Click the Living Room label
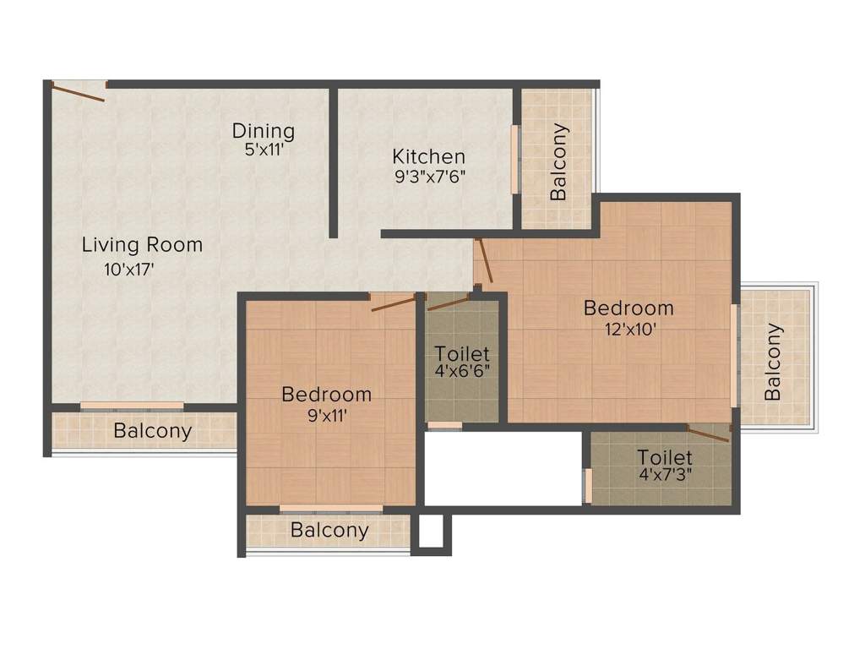142,245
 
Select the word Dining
264,131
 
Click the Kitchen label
428,156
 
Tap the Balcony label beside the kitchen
558,162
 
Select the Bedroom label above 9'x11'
326,395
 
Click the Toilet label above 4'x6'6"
462,353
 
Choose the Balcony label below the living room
153,431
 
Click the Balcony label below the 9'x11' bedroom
329,531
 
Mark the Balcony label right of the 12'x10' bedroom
773,363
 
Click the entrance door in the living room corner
78,90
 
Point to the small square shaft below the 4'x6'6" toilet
430,532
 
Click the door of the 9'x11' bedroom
393,303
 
